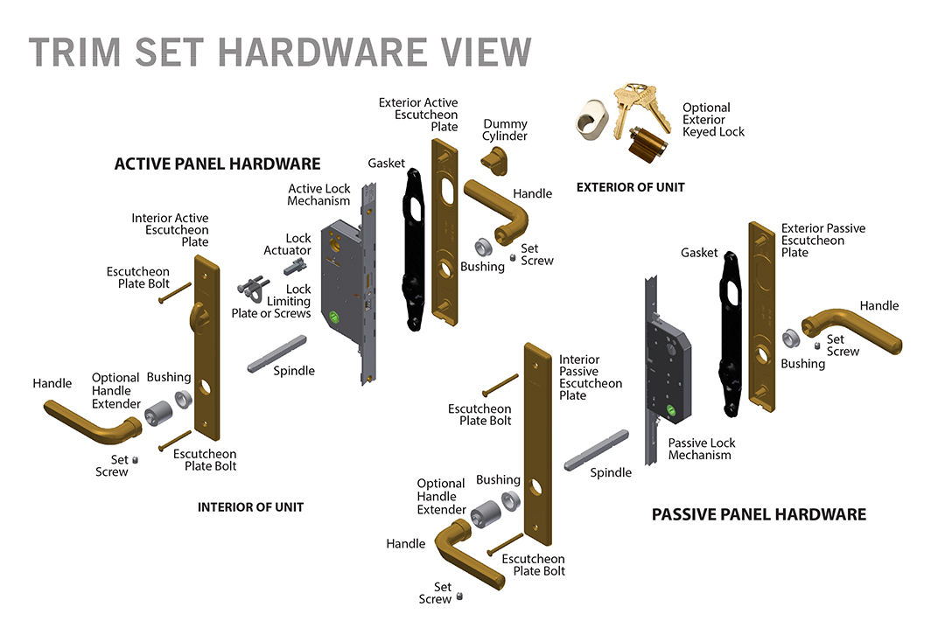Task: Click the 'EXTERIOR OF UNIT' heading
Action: pos(630,187)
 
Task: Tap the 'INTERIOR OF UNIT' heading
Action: pos(250,507)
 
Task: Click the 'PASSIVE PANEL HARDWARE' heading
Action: pos(759,514)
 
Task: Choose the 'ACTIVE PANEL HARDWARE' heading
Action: pos(217,164)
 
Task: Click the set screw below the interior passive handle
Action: pos(459,597)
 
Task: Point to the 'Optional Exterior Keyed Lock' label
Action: pos(713,120)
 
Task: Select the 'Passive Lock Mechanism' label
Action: pos(701,449)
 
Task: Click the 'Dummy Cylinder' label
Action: pos(505,129)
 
